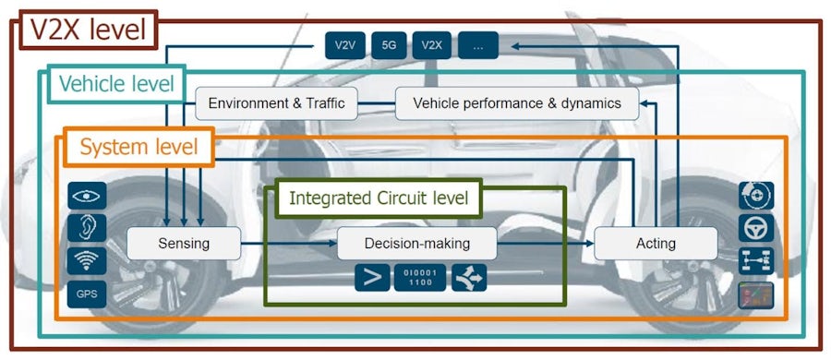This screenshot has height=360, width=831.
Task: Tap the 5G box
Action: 389,44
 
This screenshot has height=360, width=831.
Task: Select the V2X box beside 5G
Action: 432,44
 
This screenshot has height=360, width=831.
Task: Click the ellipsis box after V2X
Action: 477,44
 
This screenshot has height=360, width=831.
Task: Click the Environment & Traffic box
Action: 276,103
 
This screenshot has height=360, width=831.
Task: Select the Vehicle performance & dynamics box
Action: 517,103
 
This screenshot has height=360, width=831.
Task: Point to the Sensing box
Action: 184,244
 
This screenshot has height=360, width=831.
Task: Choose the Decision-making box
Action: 417,244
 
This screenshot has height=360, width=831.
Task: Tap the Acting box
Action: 656,244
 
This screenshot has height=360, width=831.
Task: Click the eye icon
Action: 87,195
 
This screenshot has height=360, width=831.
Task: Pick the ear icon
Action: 87,227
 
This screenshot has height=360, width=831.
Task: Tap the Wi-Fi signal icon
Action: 87,260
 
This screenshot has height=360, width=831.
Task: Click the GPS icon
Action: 87,294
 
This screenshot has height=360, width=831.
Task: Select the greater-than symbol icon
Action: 373,277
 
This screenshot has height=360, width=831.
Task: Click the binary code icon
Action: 420,277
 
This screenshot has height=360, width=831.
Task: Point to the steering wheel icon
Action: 756,227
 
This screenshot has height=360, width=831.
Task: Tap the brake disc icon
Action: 756,195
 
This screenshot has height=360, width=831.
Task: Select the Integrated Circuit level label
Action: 379,198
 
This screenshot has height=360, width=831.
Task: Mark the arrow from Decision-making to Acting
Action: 545,244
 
